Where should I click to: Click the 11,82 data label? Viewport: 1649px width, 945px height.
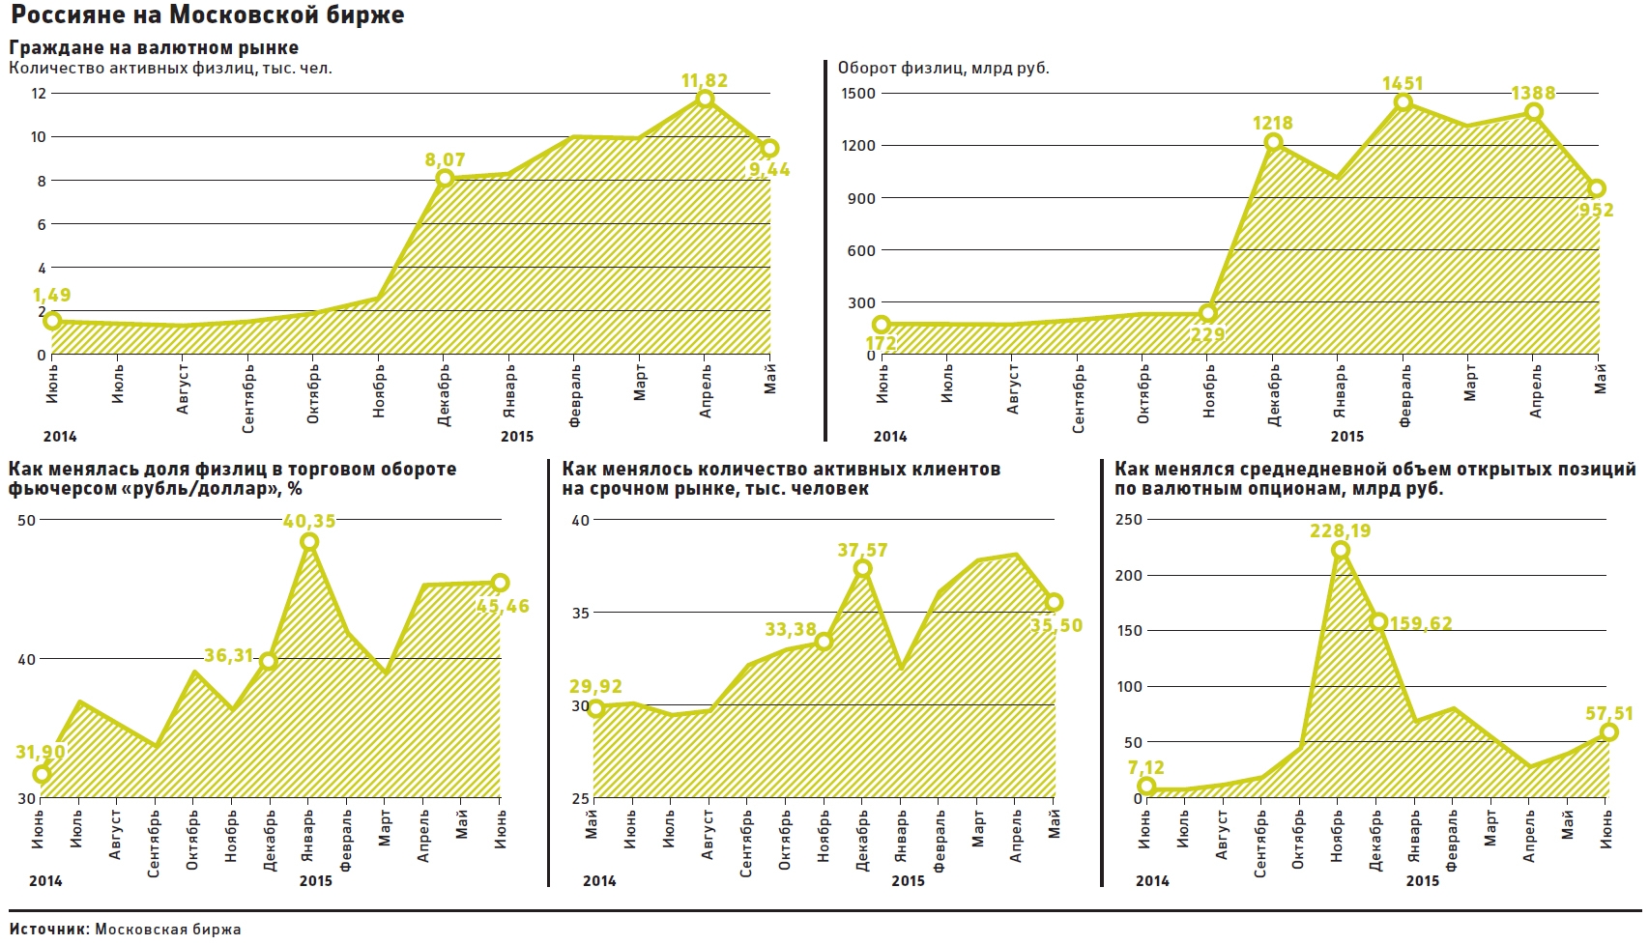click(x=704, y=80)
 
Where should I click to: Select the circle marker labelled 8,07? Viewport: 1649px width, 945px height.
click(x=445, y=178)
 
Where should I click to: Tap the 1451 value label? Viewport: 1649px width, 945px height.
click(x=1403, y=84)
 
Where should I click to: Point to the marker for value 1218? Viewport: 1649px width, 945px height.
click(x=1273, y=142)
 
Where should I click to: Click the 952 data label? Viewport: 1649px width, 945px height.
click(x=1596, y=210)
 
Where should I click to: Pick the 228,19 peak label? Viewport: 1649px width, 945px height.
click(x=1340, y=530)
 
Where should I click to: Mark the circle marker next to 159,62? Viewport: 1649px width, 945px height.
click(x=1379, y=622)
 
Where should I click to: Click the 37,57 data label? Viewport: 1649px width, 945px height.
click(x=862, y=550)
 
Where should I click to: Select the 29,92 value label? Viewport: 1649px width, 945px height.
click(x=595, y=686)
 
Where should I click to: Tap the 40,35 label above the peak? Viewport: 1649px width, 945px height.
click(x=309, y=522)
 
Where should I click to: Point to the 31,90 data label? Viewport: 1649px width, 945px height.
click(x=41, y=752)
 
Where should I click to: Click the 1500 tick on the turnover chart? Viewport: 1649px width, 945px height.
click(x=858, y=94)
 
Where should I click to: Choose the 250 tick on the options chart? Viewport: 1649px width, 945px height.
click(x=1129, y=520)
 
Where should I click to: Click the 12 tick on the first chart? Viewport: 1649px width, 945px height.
click(x=39, y=94)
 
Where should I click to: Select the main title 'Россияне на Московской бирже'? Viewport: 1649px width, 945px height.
click(x=207, y=15)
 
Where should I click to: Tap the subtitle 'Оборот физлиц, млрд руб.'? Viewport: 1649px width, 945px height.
click(x=942, y=68)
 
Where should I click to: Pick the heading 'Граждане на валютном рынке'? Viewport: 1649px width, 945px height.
click(x=154, y=47)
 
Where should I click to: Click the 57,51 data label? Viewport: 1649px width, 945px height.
click(x=1608, y=714)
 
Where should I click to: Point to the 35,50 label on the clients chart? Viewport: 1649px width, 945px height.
click(x=1056, y=625)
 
